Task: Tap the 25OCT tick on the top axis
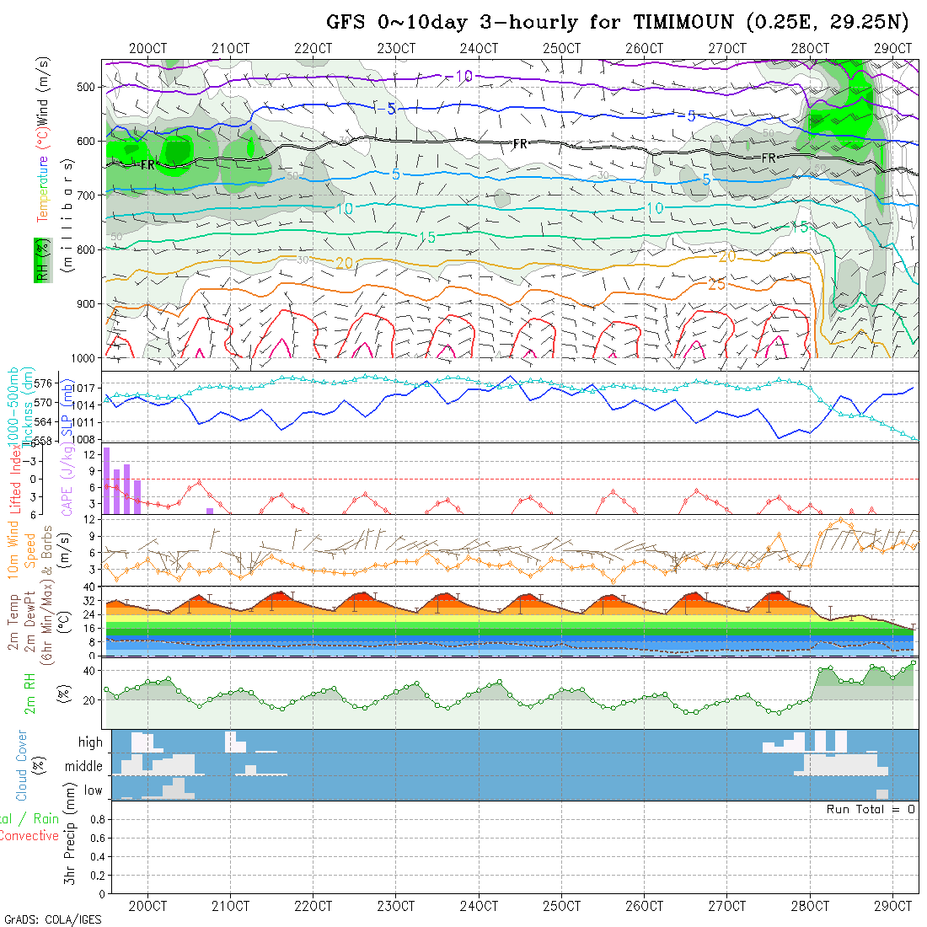561,49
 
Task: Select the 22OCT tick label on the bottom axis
313,906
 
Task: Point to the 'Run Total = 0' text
871,809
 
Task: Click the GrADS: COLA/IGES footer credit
52,919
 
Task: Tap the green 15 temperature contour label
427,238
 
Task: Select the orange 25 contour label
716,284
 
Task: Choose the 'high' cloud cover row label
90,742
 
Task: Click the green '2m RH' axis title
29,693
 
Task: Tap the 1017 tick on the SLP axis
83,388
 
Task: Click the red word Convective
29,836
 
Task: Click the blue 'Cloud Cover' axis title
22,765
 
